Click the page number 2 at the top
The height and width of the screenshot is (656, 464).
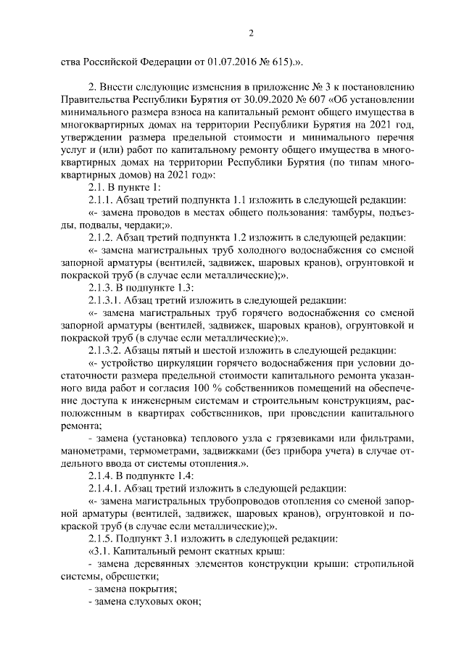(250, 32)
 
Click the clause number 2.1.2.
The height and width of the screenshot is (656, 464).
(100, 237)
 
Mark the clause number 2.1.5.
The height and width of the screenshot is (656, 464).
(100, 539)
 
